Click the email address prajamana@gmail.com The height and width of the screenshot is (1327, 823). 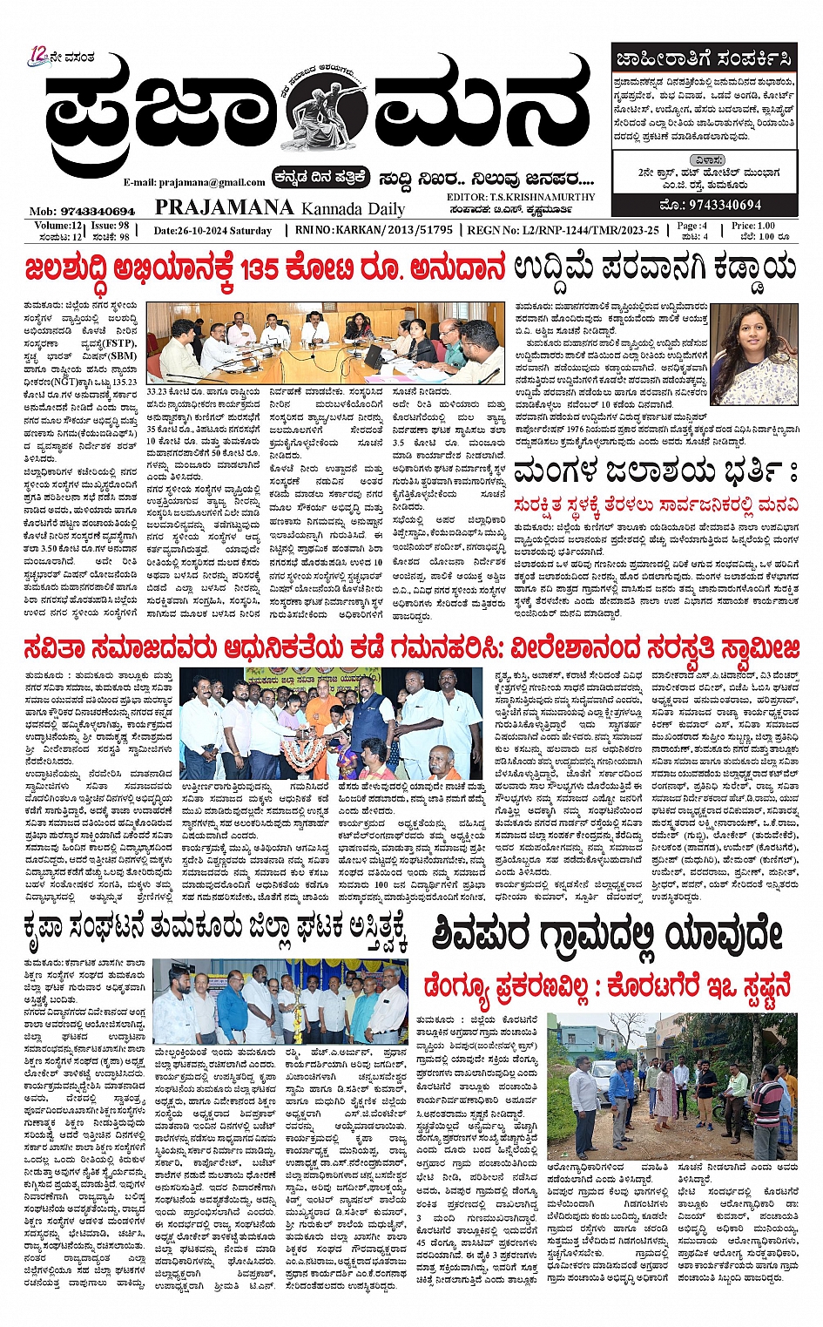194,182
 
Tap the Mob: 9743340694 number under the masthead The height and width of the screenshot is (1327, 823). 82,211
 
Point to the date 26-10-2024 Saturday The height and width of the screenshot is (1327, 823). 212,231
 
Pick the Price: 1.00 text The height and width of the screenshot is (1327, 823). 752,226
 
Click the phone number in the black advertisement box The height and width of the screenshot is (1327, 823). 712,205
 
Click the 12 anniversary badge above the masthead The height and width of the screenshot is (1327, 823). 37,55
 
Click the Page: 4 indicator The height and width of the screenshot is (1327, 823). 692,226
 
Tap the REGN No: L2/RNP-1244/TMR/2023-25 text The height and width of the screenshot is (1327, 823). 563,230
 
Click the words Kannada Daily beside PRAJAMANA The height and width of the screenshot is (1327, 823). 353,209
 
